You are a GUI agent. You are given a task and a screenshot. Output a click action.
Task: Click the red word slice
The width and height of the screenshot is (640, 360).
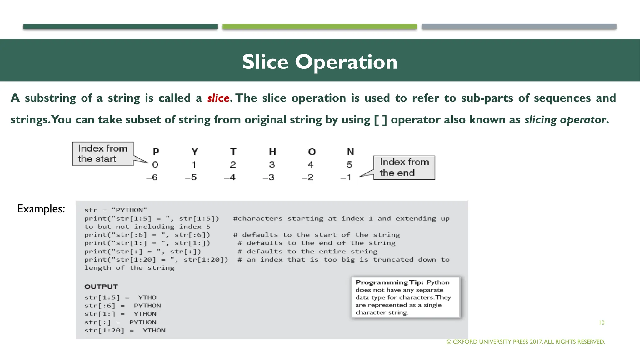(x=218, y=98)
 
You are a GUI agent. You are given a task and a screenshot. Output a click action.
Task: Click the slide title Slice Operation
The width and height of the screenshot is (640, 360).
(x=320, y=62)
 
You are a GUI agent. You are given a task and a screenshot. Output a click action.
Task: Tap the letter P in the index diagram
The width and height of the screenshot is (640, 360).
(x=156, y=152)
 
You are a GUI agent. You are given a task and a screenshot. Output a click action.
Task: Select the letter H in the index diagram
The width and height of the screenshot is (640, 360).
(x=272, y=152)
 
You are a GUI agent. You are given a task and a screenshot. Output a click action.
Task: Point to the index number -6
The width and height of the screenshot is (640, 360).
(x=152, y=177)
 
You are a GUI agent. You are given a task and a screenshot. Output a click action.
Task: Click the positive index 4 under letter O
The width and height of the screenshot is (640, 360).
(x=310, y=165)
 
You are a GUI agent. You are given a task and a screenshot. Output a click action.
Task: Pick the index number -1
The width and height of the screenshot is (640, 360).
(x=346, y=177)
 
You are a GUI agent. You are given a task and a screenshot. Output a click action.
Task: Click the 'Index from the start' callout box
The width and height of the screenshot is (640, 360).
(x=103, y=153)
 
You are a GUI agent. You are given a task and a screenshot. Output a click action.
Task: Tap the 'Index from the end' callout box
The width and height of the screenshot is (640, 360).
(x=404, y=167)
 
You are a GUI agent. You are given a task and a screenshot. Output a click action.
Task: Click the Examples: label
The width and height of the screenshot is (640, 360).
(x=41, y=209)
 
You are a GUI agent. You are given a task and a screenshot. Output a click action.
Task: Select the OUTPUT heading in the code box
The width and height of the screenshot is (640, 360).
(x=101, y=287)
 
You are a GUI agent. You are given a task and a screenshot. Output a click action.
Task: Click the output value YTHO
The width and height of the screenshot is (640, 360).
(x=147, y=297)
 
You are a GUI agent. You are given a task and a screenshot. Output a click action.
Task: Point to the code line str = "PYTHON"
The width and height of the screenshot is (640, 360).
(x=115, y=210)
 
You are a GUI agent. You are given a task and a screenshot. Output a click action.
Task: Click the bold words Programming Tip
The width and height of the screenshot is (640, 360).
(x=389, y=282)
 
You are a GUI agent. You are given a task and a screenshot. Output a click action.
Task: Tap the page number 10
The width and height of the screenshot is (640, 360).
(x=602, y=322)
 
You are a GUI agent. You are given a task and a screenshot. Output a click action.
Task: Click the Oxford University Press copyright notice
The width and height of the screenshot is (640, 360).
(x=526, y=342)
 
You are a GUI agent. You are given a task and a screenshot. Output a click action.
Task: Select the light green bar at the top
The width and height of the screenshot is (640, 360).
(x=320, y=27)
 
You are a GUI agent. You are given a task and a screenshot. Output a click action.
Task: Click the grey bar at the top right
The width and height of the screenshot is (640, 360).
(x=519, y=27)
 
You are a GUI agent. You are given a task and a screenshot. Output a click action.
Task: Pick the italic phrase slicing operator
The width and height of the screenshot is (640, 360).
(x=565, y=120)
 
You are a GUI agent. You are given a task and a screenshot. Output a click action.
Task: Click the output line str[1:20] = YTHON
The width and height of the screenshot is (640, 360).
(x=125, y=331)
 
